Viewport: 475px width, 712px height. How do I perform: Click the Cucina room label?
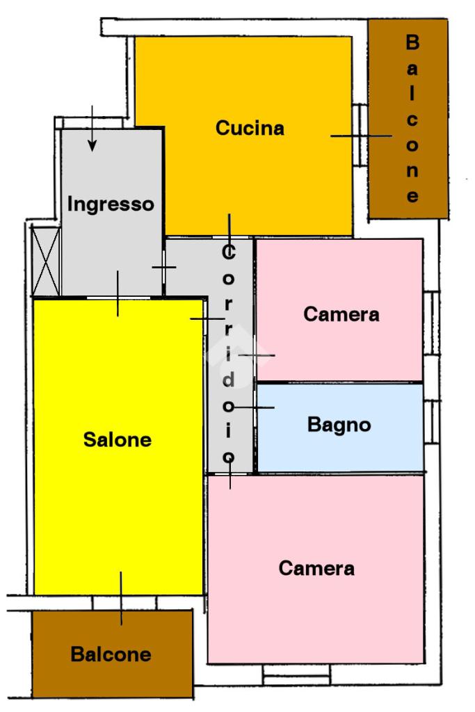250,129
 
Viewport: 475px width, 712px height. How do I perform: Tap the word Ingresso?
110,204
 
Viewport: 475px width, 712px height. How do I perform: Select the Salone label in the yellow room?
117,439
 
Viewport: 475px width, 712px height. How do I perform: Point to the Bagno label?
339,424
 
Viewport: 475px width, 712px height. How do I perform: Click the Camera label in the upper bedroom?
341,314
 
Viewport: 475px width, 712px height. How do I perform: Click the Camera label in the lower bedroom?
316,568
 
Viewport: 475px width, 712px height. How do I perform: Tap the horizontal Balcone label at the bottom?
111,654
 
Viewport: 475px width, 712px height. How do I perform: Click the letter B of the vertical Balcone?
412,43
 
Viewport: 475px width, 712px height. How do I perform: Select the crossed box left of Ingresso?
47,261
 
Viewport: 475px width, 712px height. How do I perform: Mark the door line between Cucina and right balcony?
360,136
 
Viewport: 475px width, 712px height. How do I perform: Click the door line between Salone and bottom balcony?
121,598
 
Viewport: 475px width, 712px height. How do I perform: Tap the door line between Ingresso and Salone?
118,293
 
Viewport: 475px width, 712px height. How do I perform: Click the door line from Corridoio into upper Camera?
256,355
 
